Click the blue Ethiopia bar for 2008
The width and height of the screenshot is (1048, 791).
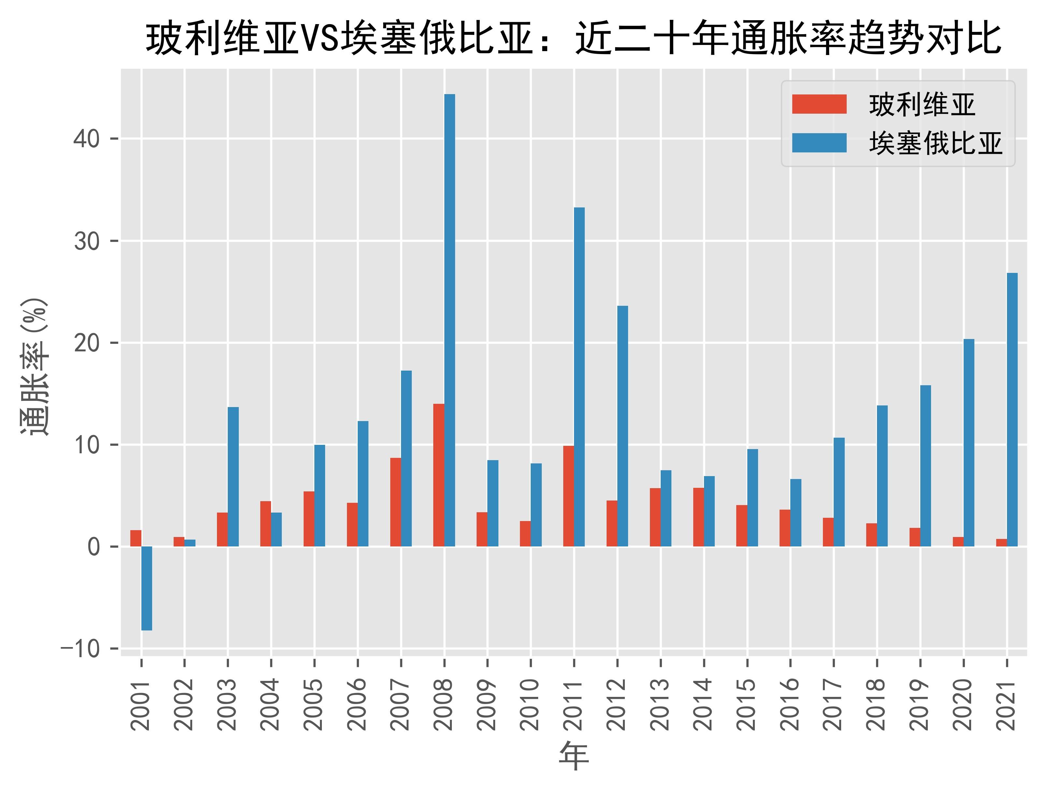click(x=450, y=320)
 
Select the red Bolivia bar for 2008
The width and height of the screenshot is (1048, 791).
click(x=439, y=475)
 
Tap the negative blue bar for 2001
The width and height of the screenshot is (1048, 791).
click(x=147, y=588)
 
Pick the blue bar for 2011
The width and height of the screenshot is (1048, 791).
click(x=580, y=377)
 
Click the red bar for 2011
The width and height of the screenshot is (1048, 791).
click(x=568, y=496)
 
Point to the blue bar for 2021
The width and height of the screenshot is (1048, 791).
click(x=1012, y=410)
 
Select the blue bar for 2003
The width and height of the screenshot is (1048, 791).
click(x=233, y=476)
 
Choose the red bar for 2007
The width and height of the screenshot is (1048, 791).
click(x=395, y=502)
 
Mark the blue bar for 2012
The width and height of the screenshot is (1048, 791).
click(x=623, y=426)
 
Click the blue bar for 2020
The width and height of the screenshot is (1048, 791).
click(x=969, y=443)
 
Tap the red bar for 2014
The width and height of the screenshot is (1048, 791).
click(x=698, y=517)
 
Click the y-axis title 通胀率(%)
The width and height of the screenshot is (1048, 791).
click(x=34, y=367)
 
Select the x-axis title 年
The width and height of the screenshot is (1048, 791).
click(x=574, y=756)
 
